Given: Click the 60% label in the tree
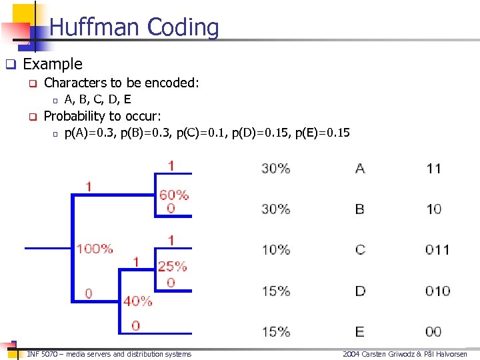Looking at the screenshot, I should click(x=174, y=195).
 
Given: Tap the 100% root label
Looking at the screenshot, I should click(x=95, y=249).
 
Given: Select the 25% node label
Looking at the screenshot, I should click(x=172, y=266).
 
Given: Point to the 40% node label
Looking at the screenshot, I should click(x=138, y=301).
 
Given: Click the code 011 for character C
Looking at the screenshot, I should click(x=437, y=250).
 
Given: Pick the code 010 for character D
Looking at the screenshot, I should click(x=437, y=291).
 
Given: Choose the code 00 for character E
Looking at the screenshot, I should click(x=433, y=331).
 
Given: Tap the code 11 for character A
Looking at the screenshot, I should click(x=434, y=169).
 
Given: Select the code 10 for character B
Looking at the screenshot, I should click(x=434, y=209).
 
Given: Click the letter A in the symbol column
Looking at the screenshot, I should click(x=360, y=169).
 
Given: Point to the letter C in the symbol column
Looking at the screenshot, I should click(x=360, y=250).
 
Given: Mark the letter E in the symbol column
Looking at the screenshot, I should click(x=360, y=331).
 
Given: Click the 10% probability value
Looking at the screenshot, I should click(x=276, y=250).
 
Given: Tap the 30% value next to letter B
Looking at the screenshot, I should click(x=276, y=209).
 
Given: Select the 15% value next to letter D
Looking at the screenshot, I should click(x=276, y=291).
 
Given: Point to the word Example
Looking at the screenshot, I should click(x=53, y=64).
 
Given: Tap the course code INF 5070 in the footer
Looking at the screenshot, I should click(x=45, y=354).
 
